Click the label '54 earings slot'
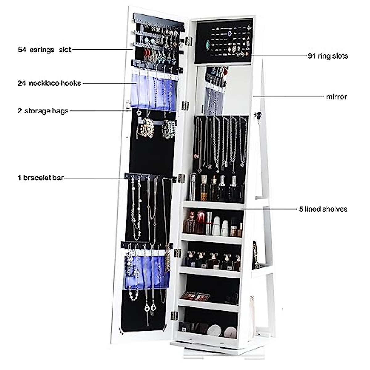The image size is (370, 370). (x=45, y=50)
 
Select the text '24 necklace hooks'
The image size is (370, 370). (x=49, y=83)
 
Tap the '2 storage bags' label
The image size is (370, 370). (x=43, y=111)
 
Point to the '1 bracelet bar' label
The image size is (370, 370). (x=41, y=178)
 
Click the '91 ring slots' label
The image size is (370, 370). (x=328, y=56)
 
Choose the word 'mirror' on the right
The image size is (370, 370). (x=336, y=97)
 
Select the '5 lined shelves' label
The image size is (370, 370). (x=323, y=209)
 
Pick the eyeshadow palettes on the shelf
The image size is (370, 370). (x=195, y=296)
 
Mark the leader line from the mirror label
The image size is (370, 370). (x=288, y=97)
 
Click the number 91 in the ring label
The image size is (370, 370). (x=312, y=56)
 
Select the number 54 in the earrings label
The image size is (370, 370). (x=22, y=50)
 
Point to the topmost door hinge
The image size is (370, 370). (x=188, y=41)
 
